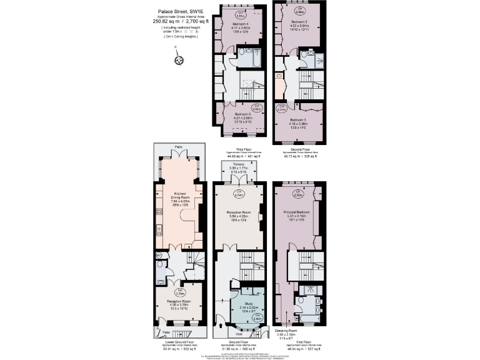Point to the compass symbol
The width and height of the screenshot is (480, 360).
[179, 60]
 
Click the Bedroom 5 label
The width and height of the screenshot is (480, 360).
[242, 114]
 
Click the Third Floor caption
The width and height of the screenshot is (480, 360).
[241, 151]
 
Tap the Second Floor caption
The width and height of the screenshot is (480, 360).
[300, 150]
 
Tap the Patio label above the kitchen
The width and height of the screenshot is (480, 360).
[179, 146]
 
